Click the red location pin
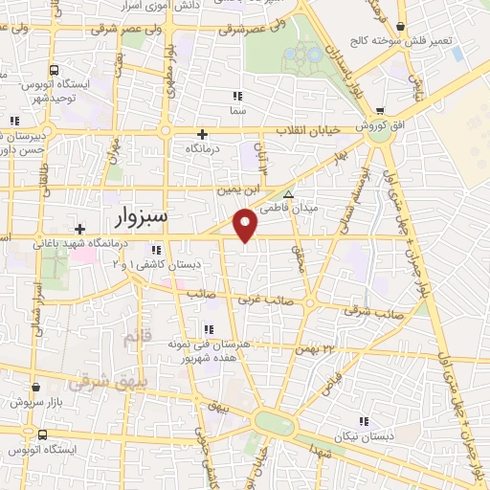tap(247, 225)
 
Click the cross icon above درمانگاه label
tap(202, 134)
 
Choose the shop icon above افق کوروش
tap(381, 111)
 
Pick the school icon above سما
tap(237, 95)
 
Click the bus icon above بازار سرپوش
tap(35, 388)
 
